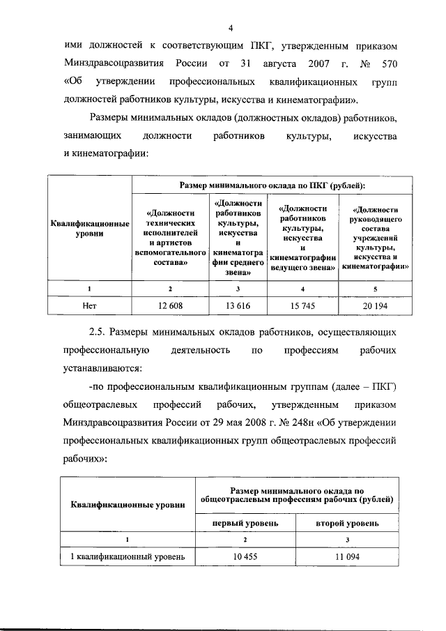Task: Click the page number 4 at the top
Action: (x=230, y=28)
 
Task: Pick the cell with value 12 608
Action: (x=171, y=305)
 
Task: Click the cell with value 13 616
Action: (x=238, y=305)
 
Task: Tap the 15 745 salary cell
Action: (x=302, y=305)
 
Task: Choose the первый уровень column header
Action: (x=246, y=522)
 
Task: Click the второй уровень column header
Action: (x=347, y=522)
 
